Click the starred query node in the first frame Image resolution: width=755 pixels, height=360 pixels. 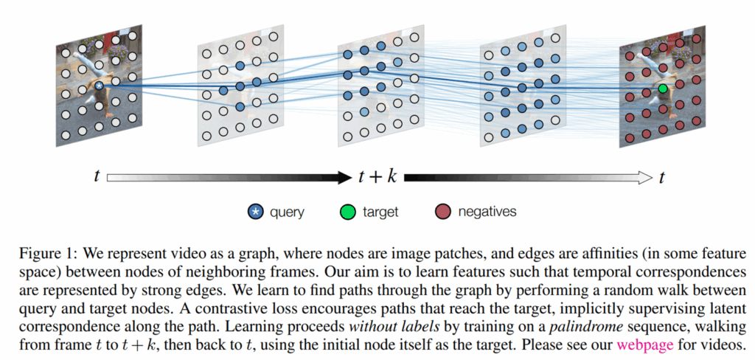coord(99,86)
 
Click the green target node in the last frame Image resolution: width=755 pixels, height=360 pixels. coord(663,89)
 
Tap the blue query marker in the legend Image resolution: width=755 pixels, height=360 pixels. coord(255,212)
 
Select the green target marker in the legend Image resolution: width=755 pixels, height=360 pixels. coord(347,212)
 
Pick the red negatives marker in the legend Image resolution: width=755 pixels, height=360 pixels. coord(441,212)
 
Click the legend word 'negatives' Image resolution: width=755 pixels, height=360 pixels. coord(487,212)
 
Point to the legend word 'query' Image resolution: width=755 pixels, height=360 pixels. coord(287,212)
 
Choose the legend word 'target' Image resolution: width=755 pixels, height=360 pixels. coord(380,212)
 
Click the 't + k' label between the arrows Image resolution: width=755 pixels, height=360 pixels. coord(377,177)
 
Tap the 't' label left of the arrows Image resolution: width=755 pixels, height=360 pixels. coord(97,177)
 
